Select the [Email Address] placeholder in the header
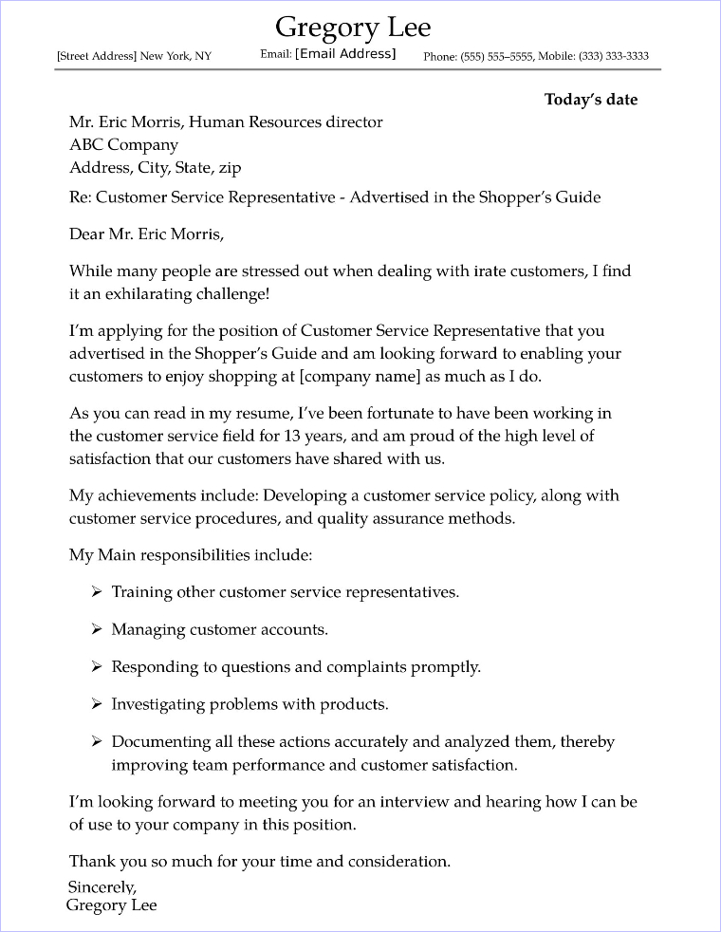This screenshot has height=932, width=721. (x=345, y=54)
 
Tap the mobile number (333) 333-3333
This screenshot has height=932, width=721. (x=614, y=56)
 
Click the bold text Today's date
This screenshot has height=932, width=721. (x=590, y=100)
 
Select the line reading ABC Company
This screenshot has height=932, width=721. (x=123, y=145)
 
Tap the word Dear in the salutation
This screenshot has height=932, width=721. (x=86, y=233)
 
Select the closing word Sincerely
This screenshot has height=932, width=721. (x=102, y=886)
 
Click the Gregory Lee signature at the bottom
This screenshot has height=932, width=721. (x=111, y=905)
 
